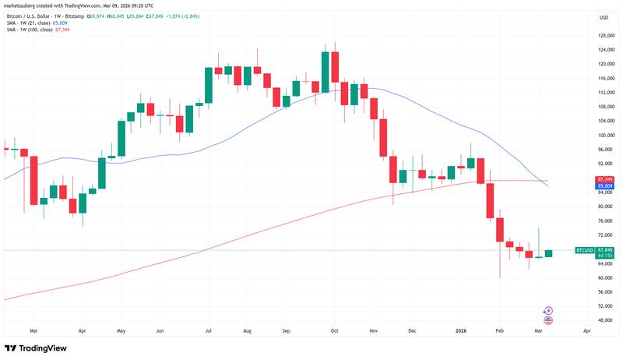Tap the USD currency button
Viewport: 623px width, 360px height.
[603, 17]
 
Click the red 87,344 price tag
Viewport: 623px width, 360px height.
[584, 179]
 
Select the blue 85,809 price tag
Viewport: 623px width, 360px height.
[584, 186]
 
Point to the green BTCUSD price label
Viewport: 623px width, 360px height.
[584, 250]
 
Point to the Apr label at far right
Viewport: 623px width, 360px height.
[586, 330]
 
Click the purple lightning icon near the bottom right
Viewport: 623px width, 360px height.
[547, 310]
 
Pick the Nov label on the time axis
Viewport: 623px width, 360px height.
[372, 330]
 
